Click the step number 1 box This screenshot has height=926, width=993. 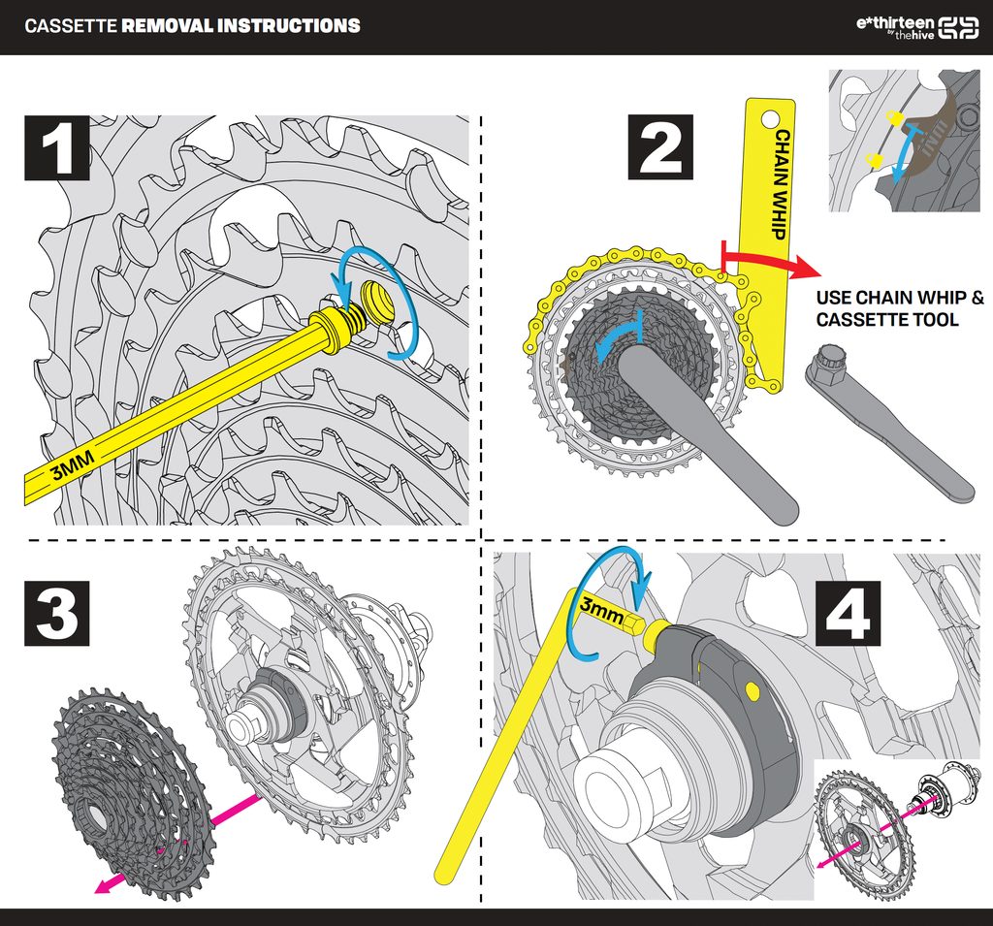point(56,147)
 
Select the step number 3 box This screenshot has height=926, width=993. point(56,613)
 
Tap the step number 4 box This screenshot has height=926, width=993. point(848,614)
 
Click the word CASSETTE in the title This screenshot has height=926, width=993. point(71,26)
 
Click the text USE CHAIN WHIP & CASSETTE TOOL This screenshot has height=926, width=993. point(900,308)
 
